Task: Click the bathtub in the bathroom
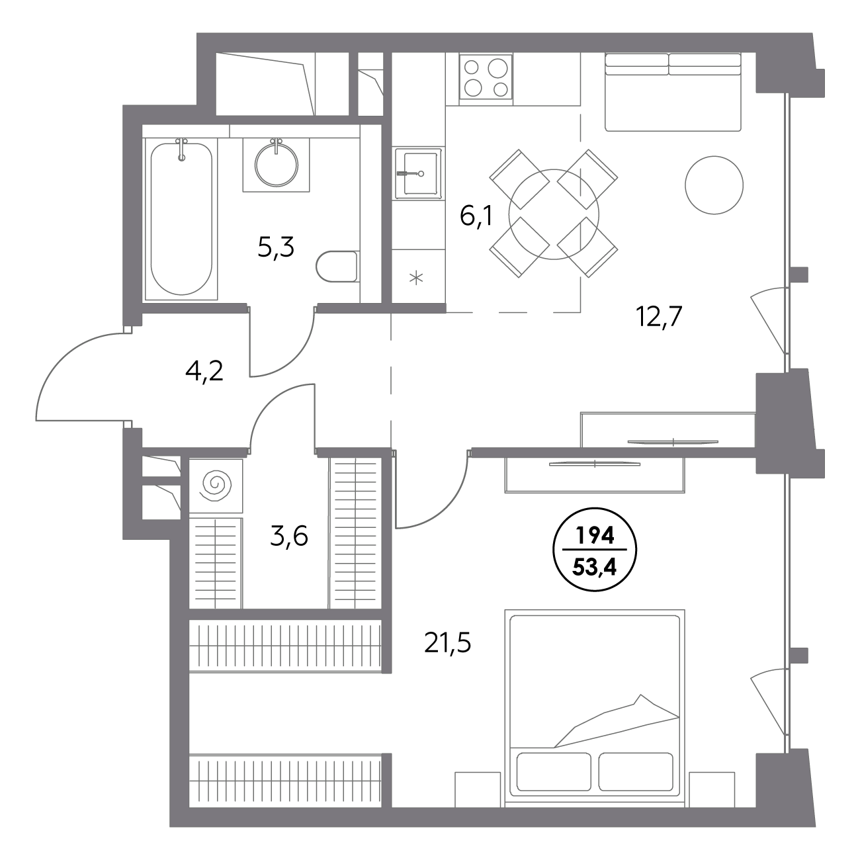pyautogui.click(x=181, y=219)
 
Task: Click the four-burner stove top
pyautogui.click(x=486, y=79)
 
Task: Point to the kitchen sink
pyautogui.click(x=418, y=173)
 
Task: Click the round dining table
pyautogui.click(x=554, y=214)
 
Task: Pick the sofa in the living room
pyautogui.click(x=673, y=92)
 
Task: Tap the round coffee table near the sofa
pyautogui.click(x=714, y=185)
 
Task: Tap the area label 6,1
pyautogui.click(x=476, y=216)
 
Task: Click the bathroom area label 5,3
pyautogui.click(x=276, y=247)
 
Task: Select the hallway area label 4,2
pyautogui.click(x=204, y=371)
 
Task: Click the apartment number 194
pyautogui.click(x=595, y=535)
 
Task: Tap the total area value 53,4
pyautogui.click(x=595, y=568)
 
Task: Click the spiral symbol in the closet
pyautogui.click(x=216, y=485)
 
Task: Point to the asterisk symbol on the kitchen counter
pyautogui.click(x=416, y=279)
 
